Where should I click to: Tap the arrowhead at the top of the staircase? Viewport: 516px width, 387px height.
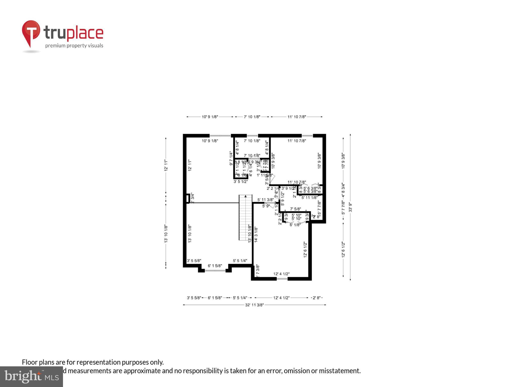246,196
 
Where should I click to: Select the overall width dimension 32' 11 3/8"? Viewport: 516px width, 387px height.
254,305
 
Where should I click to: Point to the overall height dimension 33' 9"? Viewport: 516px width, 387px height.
350,207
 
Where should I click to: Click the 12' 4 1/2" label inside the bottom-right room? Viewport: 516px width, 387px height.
281,274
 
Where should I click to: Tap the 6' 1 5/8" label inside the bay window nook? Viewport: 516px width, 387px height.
215,266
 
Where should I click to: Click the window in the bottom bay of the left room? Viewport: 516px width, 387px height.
215,271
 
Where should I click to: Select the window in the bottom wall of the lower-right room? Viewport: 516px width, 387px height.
282,279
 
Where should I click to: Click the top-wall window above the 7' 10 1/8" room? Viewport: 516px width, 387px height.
252,136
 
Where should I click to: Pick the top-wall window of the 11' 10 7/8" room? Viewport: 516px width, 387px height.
307,136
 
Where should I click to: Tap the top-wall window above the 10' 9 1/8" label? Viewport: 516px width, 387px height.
220,136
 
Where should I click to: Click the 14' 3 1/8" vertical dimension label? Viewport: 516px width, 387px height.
256,235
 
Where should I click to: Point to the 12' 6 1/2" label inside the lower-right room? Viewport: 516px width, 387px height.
305,249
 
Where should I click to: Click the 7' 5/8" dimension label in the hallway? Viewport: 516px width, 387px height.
296,209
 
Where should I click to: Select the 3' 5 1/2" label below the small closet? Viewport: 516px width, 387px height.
241,181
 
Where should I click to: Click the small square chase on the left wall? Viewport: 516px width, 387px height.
187,198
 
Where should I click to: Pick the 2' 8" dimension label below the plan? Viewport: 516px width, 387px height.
316,298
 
